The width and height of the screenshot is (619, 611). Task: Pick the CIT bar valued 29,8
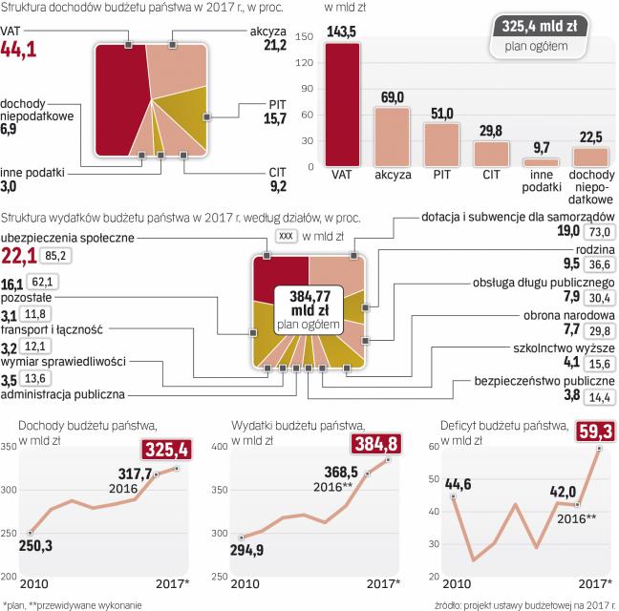[492, 154]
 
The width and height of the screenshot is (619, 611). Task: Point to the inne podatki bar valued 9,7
[540, 163]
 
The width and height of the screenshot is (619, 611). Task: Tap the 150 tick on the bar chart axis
[305, 36]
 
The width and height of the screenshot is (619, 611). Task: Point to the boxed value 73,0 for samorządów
[599, 231]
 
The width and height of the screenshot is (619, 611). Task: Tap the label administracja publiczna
[64, 393]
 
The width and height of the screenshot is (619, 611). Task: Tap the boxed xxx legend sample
[286, 235]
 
